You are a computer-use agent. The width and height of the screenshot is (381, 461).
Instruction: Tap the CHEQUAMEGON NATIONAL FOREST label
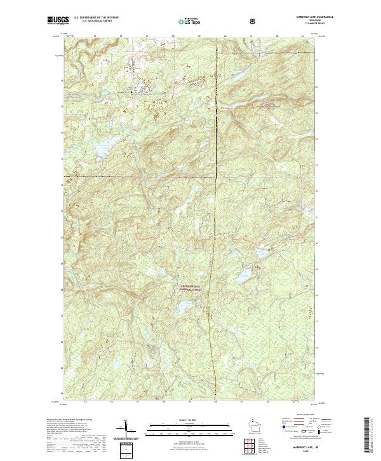click(x=190, y=289)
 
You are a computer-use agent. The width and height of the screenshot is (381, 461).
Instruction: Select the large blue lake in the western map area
click(x=102, y=149)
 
